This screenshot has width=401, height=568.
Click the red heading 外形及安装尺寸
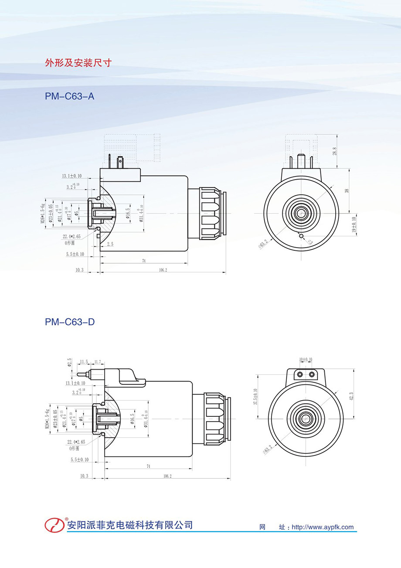coord(78,63)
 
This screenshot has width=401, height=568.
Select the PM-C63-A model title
coord(69,96)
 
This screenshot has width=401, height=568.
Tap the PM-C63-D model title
coord(70,323)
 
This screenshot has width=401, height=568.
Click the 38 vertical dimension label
coord(347,191)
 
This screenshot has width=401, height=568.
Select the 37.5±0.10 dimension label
coord(256,397)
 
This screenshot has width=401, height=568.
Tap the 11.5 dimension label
coord(84,362)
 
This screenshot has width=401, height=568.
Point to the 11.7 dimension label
coord(97,362)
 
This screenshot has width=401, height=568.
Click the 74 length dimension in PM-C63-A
coord(143,261)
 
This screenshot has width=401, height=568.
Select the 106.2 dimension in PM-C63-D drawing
coord(167,476)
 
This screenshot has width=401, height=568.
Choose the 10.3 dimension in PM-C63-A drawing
coord(79,270)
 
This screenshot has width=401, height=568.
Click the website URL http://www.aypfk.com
coord(323,527)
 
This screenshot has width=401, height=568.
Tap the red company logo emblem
coord(54,524)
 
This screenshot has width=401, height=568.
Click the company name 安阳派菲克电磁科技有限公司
coord(129,525)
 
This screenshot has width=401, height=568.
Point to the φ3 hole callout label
coord(310,241)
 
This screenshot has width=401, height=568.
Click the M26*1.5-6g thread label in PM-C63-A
coord(43,214)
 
